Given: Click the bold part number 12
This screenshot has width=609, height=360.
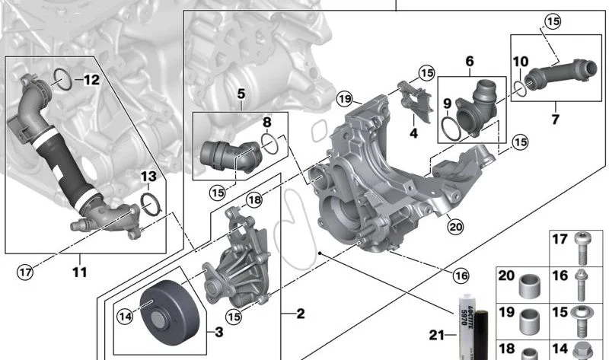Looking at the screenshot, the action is (92, 80).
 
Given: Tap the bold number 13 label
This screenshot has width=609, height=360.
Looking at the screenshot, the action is (148, 177).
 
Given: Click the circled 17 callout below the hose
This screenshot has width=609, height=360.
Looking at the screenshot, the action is (25, 272).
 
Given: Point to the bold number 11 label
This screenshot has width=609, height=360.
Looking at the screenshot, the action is (80, 272).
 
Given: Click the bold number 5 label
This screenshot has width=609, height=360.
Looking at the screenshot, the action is (241, 94).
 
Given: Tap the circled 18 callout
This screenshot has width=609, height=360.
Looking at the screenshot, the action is (254, 200).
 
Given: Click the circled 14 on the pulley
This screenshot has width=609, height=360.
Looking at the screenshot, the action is (125, 317).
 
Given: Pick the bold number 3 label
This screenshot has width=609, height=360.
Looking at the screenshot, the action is (219, 332).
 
